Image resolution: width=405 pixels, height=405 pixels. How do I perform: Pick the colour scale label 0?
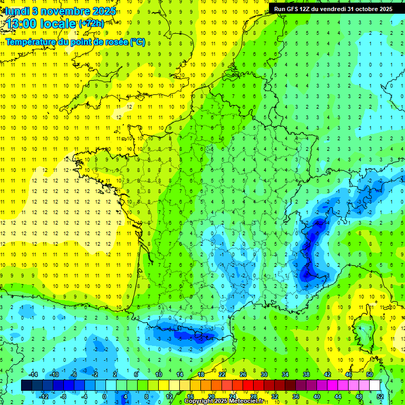tap(104, 396)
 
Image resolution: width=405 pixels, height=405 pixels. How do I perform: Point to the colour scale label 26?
tap(243, 374)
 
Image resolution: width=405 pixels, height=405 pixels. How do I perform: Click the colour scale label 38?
tap(306, 374)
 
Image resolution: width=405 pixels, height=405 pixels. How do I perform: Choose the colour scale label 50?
tap(369, 374)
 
